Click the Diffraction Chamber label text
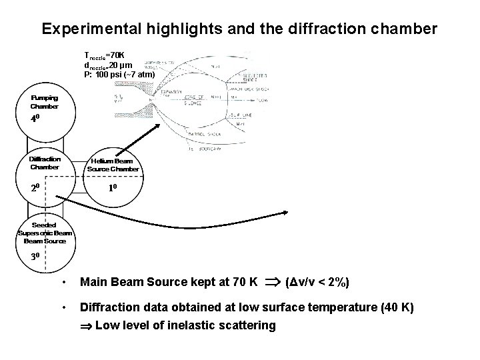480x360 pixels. pyautogui.click(x=45, y=163)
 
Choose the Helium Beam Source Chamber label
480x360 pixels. pyautogui.click(x=113, y=165)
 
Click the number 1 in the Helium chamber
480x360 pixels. pyautogui.click(x=113, y=189)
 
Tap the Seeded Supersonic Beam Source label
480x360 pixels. pyautogui.click(x=45, y=233)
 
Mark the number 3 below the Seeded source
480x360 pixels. pyautogui.click(x=36, y=257)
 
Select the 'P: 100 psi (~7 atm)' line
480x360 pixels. pyautogui.click(x=119, y=75)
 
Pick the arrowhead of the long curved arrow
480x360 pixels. pyautogui.click(x=285, y=213)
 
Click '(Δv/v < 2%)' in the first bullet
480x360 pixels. pyautogui.click(x=317, y=283)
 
